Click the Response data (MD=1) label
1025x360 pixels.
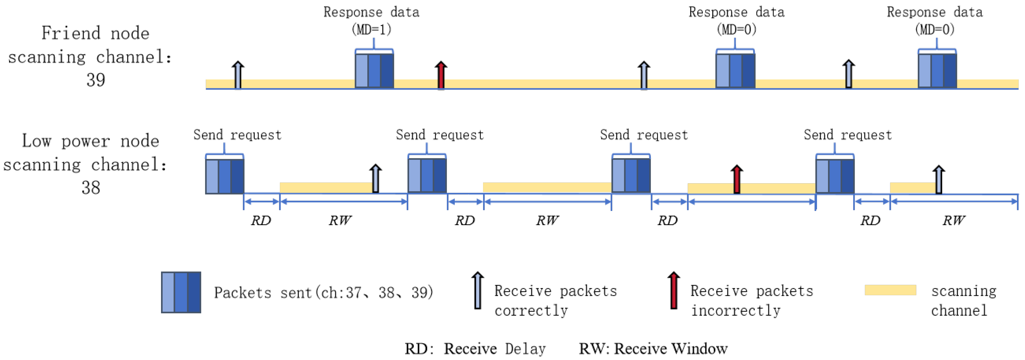pos(371,20)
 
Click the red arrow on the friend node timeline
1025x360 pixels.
pos(441,75)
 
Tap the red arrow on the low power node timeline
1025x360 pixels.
pos(737,179)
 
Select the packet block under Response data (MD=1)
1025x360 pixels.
pos(374,70)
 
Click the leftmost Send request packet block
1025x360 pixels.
pos(224,176)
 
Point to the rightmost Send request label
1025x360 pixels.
pos(848,135)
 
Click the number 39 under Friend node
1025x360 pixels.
pos(95,80)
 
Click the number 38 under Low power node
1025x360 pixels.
pos(91,187)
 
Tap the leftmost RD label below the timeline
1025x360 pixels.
pos(261,220)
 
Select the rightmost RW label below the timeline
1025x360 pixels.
pos(953,220)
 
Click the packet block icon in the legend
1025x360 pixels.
pos(181,292)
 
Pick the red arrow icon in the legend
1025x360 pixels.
pos(673,290)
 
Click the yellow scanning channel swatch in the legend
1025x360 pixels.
pos(890,290)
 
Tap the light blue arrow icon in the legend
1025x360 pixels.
pos(477,290)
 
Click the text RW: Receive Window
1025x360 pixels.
pos(653,349)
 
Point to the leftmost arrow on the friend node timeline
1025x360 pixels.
pos(237,75)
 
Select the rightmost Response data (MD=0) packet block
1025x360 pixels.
pos(937,70)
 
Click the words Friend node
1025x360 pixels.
pos(95,33)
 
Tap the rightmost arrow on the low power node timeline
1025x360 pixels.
pos(939,179)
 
